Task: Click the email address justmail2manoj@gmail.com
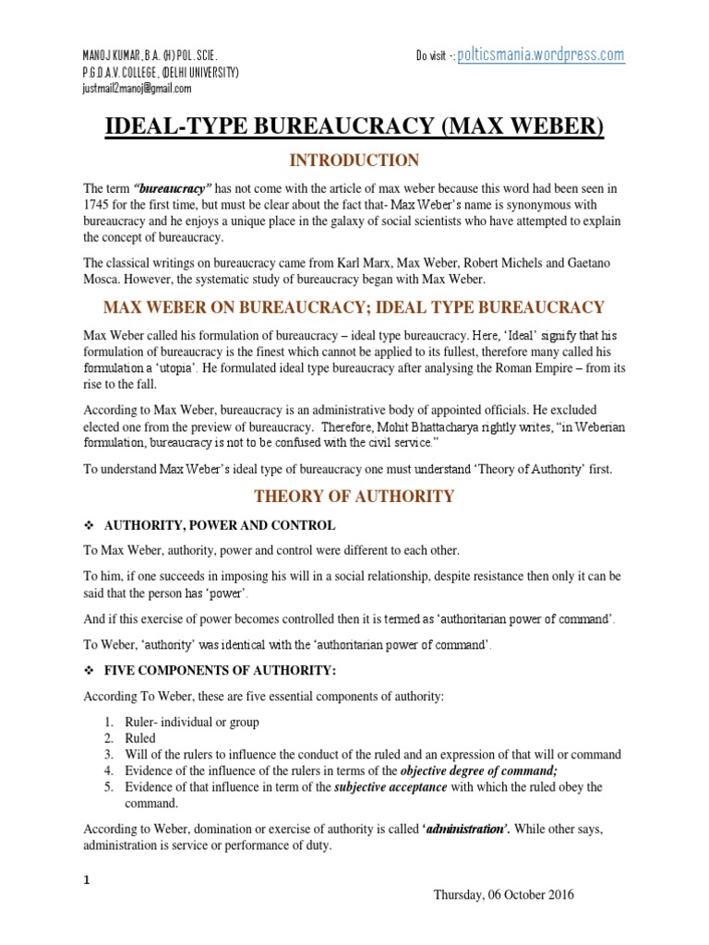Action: pos(138,89)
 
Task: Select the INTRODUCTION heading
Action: pos(354,161)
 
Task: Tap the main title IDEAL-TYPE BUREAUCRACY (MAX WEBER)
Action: pos(354,125)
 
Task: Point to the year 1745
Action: pos(99,203)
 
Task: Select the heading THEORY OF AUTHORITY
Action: pos(354,496)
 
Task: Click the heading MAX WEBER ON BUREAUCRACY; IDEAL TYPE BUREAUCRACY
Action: pos(354,307)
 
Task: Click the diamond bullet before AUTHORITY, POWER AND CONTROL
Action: pos(90,525)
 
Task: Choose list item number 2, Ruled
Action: pos(140,738)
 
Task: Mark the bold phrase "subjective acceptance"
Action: pos(378,787)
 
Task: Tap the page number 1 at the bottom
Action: pos(87,880)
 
